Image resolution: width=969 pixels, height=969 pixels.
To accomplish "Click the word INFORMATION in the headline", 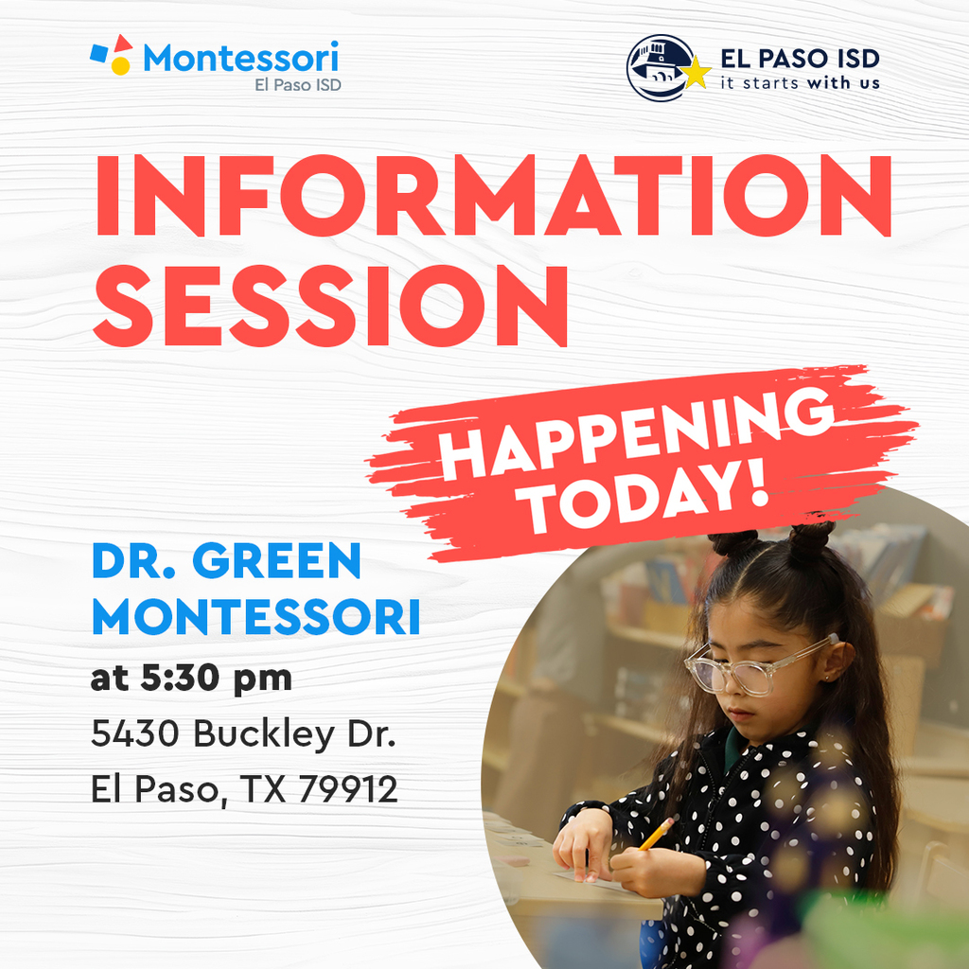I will point(492,197).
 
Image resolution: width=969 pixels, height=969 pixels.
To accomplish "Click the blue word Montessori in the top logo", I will point(241,59).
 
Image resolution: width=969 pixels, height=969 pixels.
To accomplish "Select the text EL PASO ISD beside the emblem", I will point(800,59).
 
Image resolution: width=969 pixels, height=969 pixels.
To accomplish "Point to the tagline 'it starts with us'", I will point(800,83).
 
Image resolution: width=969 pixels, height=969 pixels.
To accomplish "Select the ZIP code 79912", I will point(347,790).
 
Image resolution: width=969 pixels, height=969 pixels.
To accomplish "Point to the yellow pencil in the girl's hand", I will point(656,834).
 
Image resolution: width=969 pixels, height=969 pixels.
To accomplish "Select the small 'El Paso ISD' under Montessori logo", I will point(298,84).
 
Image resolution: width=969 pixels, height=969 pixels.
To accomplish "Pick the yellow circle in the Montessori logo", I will point(120,65).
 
